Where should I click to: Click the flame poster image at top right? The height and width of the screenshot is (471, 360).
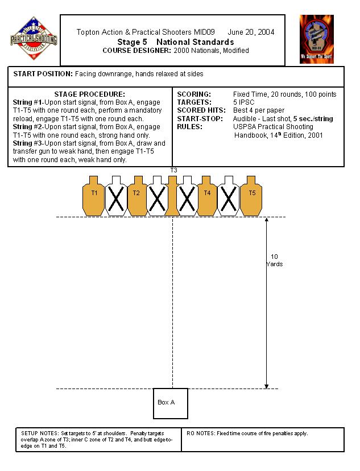pyautogui.click(x=317, y=39)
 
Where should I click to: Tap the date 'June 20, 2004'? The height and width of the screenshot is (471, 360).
pyautogui.click(x=251, y=32)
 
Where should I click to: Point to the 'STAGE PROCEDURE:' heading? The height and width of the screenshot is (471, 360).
pyautogui.click(x=90, y=94)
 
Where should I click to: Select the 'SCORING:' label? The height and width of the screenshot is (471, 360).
pyautogui.click(x=195, y=94)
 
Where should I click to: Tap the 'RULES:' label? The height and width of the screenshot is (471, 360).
pyautogui.click(x=191, y=127)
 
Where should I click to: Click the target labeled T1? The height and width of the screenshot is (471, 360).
pyautogui.click(x=94, y=195)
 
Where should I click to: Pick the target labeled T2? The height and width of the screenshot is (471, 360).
pyautogui.click(x=136, y=195)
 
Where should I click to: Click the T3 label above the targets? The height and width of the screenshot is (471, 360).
pyautogui.click(x=173, y=170)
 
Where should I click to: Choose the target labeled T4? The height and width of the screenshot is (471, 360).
pyautogui.click(x=208, y=195)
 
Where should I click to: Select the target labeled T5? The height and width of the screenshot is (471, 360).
pyautogui.click(x=251, y=195)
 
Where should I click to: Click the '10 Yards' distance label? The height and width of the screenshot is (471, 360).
pyautogui.click(x=274, y=261)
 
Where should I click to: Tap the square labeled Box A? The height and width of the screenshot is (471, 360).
pyautogui.click(x=170, y=403)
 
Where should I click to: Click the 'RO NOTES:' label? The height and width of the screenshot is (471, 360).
pyautogui.click(x=200, y=433)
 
